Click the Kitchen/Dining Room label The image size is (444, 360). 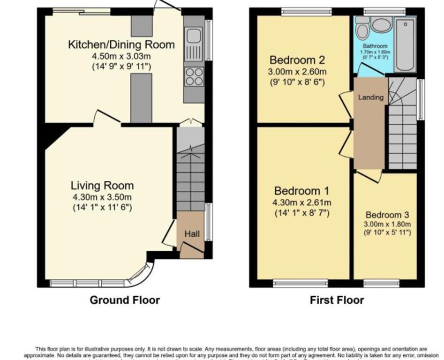pyautogui.click(x=121, y=45)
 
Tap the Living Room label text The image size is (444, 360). pyautogui.click(x=102, y=185)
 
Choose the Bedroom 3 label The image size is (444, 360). pyautogui.click(x=388, y=215)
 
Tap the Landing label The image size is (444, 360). pyautogui.click(x=371, y=97)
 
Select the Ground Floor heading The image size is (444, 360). pyautogui.click(x=125, y=300)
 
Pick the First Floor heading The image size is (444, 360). pyautogui.click(x=337, y=300)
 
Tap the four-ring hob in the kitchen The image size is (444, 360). pyautogui.click(x=194, y=76)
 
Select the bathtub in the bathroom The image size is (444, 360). pyautogui.click(x=405, y=45)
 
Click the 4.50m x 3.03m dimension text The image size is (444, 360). pyautogui.click(x=121, y=56)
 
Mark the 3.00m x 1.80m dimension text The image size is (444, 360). pyautogui.click(x=388, y=224)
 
